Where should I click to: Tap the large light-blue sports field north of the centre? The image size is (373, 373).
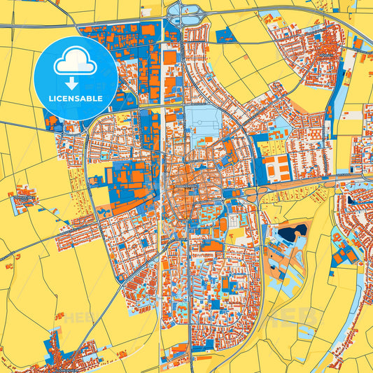[x=205, y=123]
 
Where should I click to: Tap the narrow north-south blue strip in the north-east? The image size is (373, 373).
[x=342, y=91]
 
